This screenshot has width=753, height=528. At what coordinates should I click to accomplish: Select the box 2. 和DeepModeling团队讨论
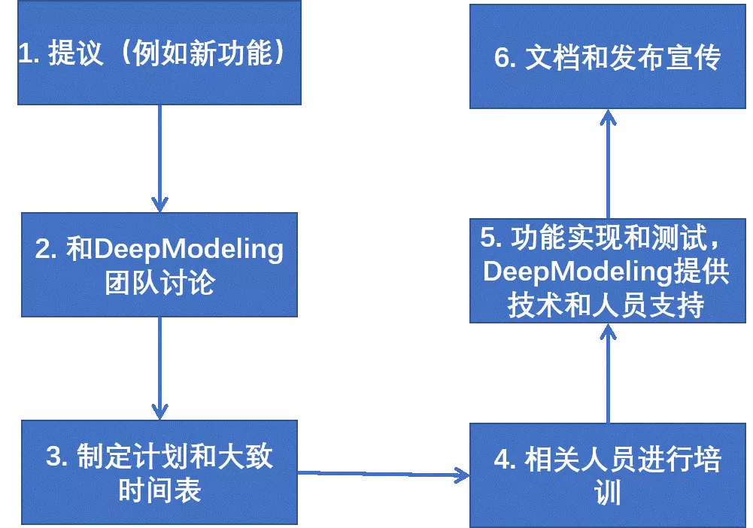click(159, 265)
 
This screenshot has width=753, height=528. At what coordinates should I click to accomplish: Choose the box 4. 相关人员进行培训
click(607, 475)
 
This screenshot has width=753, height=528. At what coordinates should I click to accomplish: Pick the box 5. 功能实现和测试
click(607, 272)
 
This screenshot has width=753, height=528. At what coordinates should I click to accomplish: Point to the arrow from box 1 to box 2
click(159, 158)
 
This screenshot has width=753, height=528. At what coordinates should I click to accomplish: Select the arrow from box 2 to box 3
click(159, 368)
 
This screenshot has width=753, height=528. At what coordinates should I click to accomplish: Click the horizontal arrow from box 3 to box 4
click(384, 474)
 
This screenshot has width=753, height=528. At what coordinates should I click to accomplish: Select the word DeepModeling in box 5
click(572, 272)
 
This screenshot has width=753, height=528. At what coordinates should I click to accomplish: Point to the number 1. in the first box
click(29, 54)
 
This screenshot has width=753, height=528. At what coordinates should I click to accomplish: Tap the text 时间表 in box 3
click(159, 490)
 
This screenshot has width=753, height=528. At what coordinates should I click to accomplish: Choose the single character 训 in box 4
click(607, 493)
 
